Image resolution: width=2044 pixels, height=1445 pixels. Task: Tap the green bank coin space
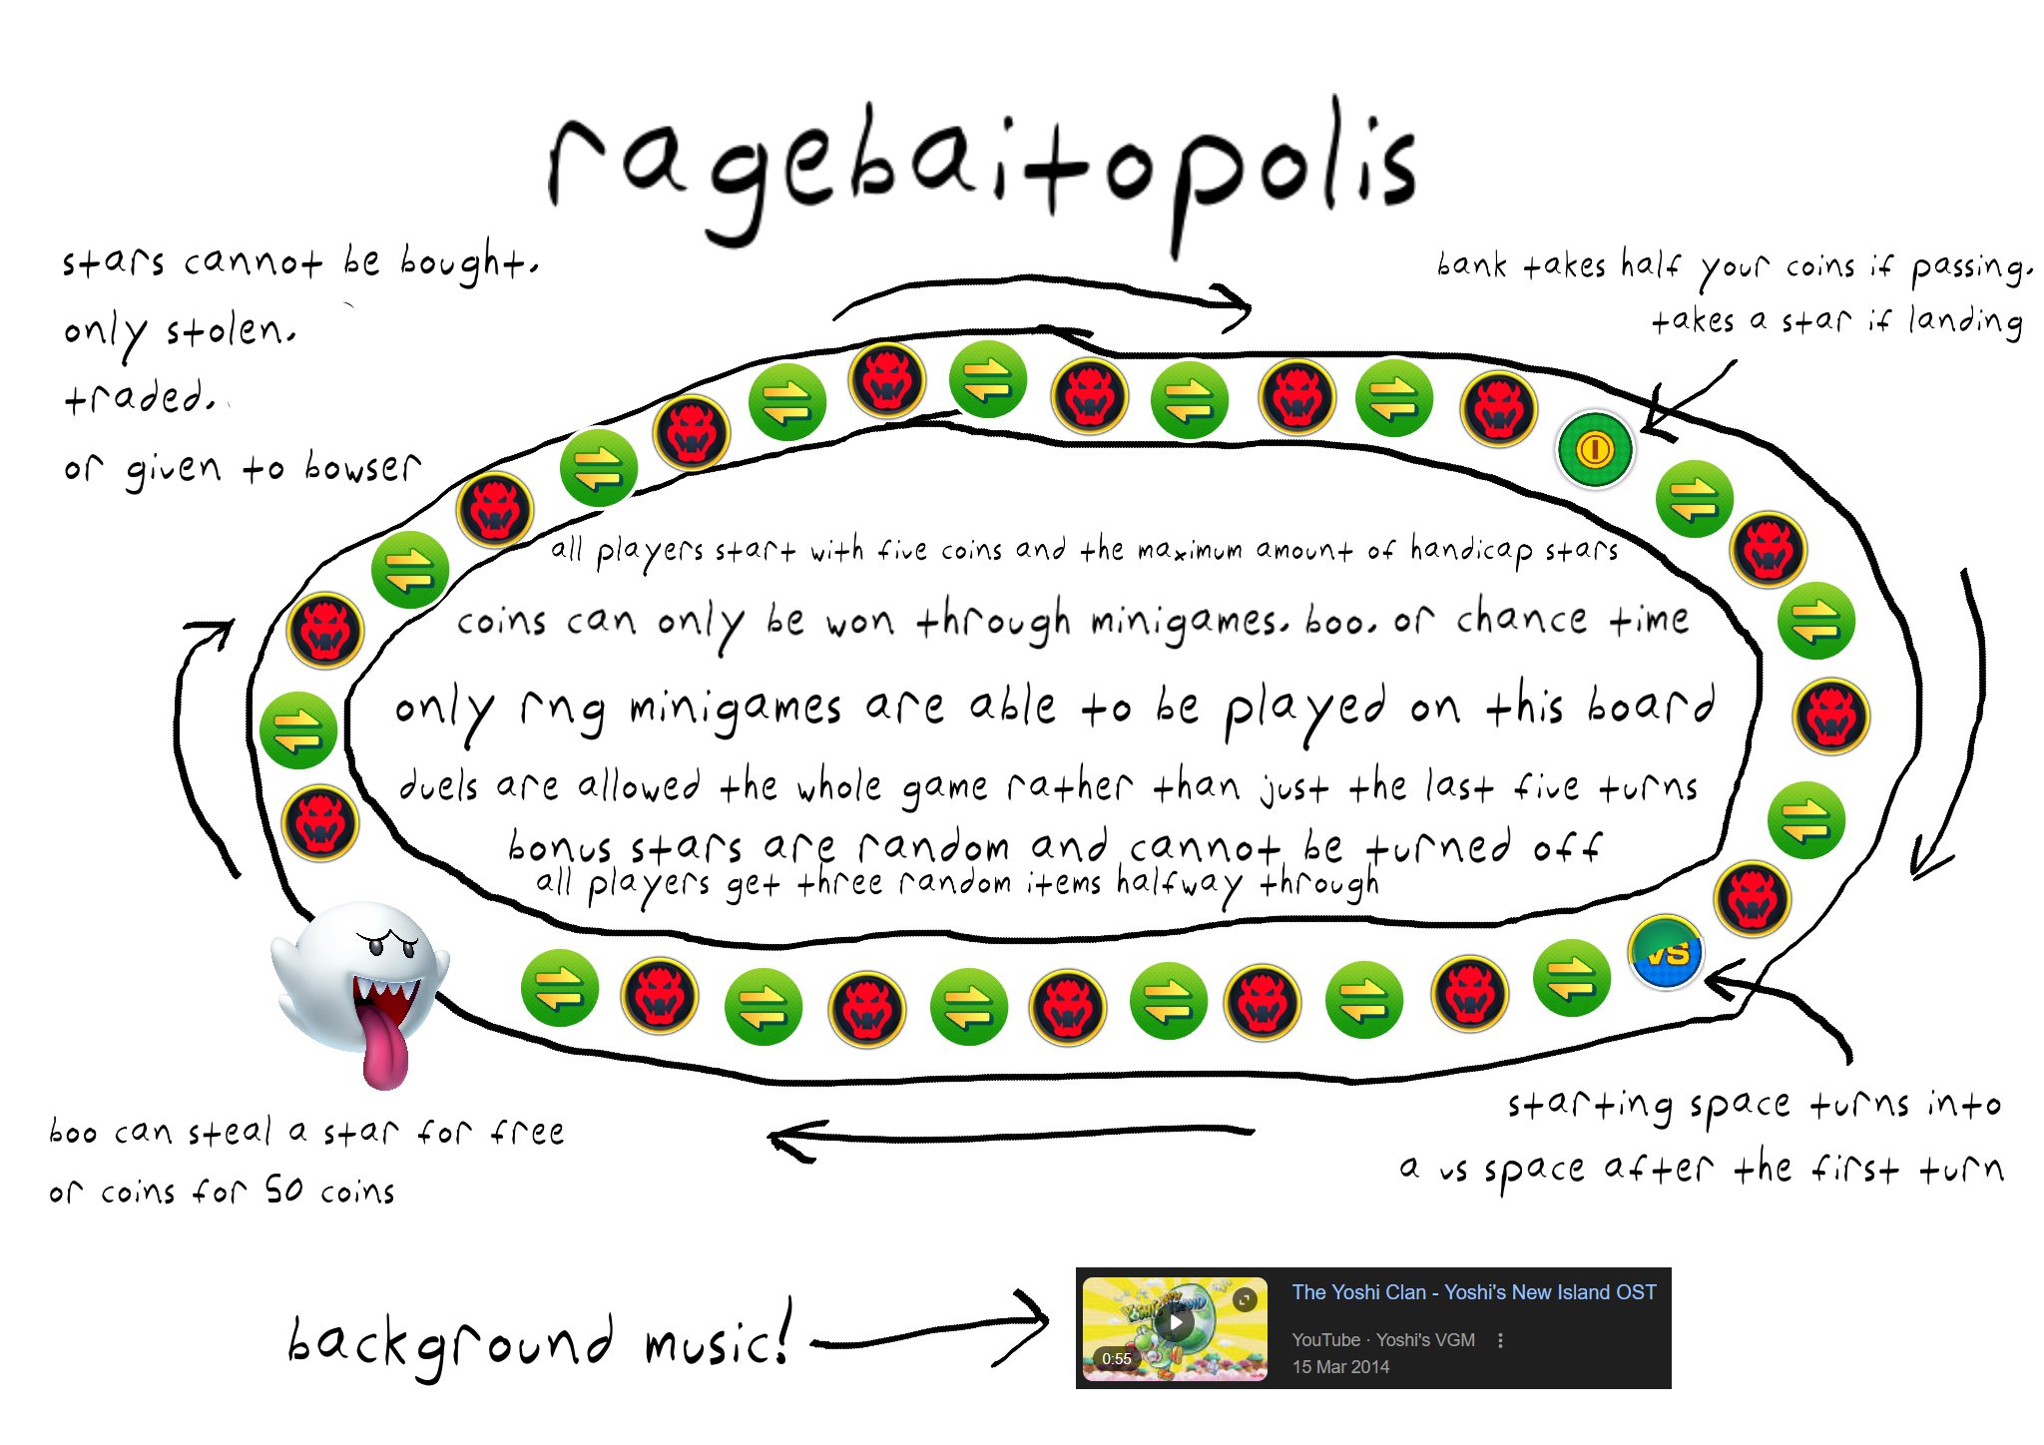[1594, 450]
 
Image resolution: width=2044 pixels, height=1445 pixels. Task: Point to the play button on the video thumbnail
[1177, 1324]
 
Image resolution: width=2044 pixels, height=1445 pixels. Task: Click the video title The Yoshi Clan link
[1473, 1292]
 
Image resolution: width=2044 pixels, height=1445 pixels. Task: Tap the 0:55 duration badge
[1116, 1358]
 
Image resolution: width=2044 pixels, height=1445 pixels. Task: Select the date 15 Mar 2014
[1340, 1367]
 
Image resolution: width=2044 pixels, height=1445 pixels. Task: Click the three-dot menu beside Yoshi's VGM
[1500, 1340]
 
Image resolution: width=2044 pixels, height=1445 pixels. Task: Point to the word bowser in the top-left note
[362, 467]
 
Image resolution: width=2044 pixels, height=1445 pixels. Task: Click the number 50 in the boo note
[283, 1190]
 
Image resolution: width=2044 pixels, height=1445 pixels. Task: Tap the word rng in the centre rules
[562, 711]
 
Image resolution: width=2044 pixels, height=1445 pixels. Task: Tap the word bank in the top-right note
[1471, 265]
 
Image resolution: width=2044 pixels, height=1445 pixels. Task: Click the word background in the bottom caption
[449, 1342]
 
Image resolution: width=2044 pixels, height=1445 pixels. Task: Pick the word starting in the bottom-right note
[1589, 1106]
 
